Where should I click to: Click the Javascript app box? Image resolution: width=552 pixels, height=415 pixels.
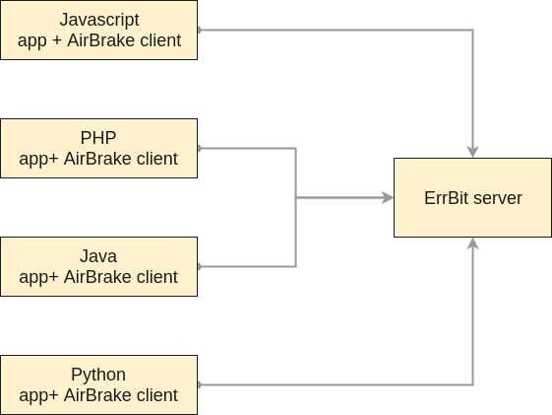pos(98,30)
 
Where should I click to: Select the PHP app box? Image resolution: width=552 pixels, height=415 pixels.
pos(98,148)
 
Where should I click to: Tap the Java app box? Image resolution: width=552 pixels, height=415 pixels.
pos(98,266)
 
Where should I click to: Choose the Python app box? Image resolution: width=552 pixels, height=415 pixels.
pos(98,384)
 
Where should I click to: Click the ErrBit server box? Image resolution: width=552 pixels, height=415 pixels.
pos(472,197)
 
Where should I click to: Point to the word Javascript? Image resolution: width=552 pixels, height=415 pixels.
pos(98,20)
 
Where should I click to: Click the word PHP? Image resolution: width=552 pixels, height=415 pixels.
pos(98,138)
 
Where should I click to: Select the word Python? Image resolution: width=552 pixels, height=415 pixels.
pos(98,375)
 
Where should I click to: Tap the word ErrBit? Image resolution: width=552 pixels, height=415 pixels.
pos(446,198)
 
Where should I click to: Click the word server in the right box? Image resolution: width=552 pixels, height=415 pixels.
pos(497,198)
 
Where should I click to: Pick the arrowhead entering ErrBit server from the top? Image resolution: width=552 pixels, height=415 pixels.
pos(473,152)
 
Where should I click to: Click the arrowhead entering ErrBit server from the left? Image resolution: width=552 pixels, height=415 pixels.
pos(388,197)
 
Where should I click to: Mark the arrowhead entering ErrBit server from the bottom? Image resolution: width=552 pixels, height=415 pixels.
pos(473,243)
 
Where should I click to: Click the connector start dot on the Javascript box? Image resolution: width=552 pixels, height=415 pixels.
pos(199,30)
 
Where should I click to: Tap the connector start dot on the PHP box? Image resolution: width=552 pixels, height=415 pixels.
pos(199,148)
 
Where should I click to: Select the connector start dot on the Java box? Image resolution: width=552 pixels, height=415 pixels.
pos(199,266)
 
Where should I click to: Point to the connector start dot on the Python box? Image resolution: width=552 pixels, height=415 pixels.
pos(199,384)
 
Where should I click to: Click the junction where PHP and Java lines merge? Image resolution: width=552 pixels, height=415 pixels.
pos(296,197)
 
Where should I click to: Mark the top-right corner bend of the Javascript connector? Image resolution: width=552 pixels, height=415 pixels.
pos(473,30)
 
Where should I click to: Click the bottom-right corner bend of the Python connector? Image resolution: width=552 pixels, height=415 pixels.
pos(473,384)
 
